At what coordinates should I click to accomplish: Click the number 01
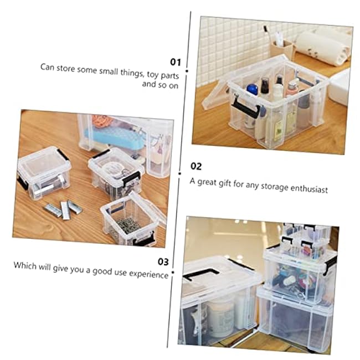click(x=175, y=61)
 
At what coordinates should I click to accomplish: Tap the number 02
click(x=197, y=166)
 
